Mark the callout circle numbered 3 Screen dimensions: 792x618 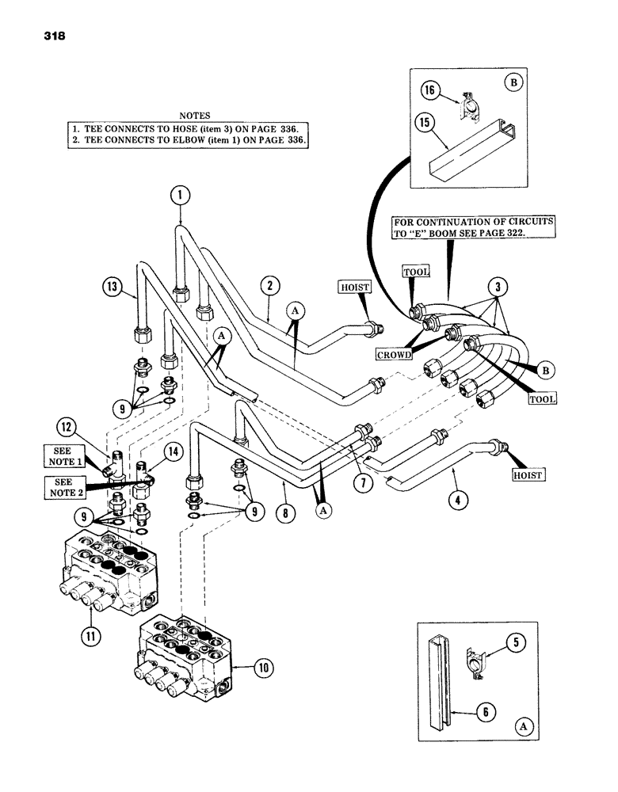[499, 287]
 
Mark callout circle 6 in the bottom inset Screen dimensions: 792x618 [487, 711]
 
